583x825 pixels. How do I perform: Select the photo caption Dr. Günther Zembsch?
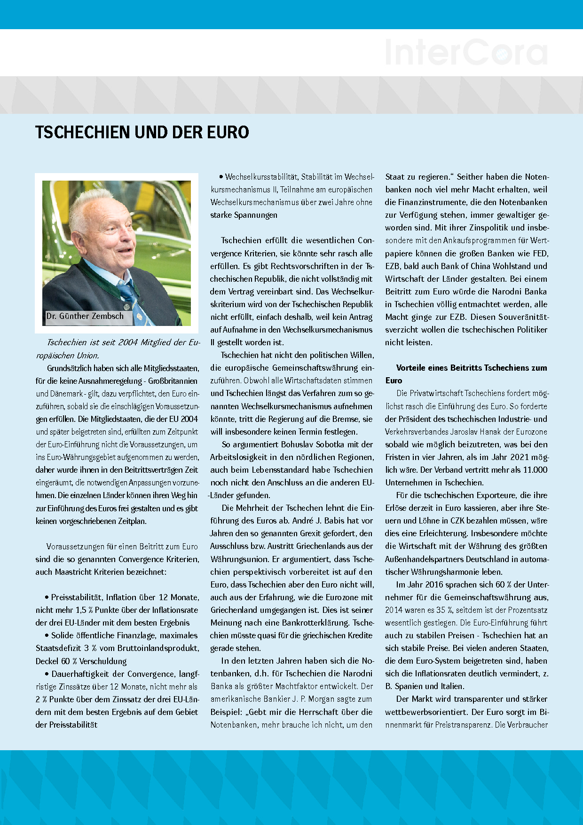[x=85, y=316]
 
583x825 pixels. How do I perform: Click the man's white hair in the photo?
[x=94, y=207]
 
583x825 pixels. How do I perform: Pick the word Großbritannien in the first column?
[x=173, y=381]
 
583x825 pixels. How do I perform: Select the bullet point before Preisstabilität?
[x=47, y=597]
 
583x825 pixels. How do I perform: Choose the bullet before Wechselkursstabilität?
[x=221, y=177]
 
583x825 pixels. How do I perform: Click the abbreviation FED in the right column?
[x=540, y=254]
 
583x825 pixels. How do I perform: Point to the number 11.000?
[x=535, y=470]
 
